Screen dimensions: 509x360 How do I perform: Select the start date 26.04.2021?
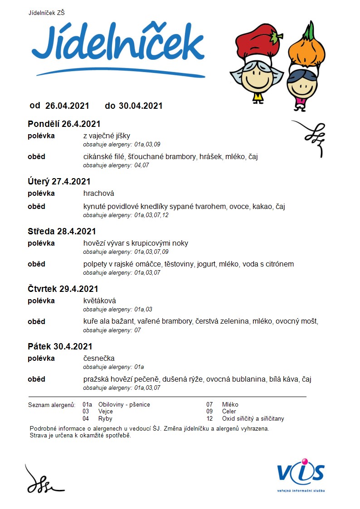pos(67,106)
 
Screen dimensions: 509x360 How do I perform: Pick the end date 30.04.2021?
pos(141,106)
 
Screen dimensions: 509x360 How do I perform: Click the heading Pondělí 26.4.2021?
pos(64,124)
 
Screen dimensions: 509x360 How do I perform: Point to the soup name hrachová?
pos(98,194)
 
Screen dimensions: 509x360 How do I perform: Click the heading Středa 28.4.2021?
pos(62,232)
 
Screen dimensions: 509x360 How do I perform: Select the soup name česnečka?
pos(99,359)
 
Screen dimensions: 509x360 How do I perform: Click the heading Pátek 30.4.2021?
pos(60,347)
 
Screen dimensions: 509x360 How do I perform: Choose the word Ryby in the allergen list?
pos(105,419)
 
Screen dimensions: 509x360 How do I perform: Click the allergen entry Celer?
pos(229,412)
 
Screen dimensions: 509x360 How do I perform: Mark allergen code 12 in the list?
pos(209,419)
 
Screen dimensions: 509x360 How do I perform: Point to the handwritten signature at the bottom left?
pos(43,480)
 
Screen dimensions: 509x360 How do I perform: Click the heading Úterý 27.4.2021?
pos(59,182)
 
